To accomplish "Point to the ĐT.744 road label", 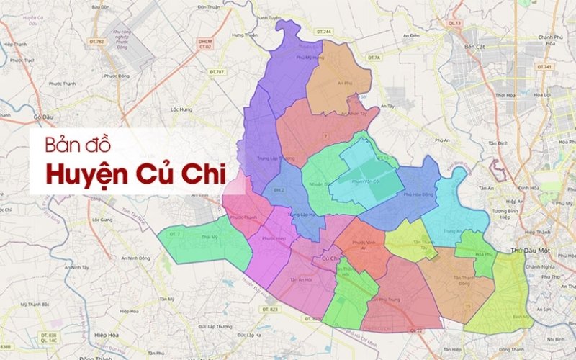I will pyautogui.click(x=324, y=32).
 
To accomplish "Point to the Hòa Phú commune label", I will pyautogui.click(x=484, y=253).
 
